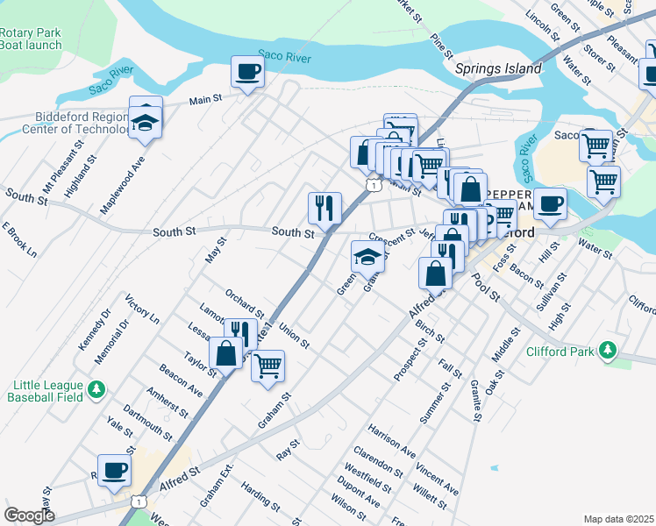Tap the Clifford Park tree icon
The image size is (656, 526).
click(x=606, y=352)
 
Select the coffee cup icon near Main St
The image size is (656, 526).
click(x=247, y=72)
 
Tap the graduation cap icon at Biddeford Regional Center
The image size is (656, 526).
click(x=146, y=124)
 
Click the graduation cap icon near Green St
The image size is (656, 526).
click(x=367, y=257)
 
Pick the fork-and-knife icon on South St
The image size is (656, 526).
click(x=324, y=209)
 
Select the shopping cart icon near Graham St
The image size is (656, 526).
click(x=268, y=365)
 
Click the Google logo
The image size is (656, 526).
click(x=29, y=515)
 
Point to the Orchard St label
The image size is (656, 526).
click(x=245, y=302)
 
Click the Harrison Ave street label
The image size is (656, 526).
click(x=392, y=441)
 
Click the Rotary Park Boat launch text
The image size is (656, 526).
click(x=31, y=39)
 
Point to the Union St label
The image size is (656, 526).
click(x=294, y=336)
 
